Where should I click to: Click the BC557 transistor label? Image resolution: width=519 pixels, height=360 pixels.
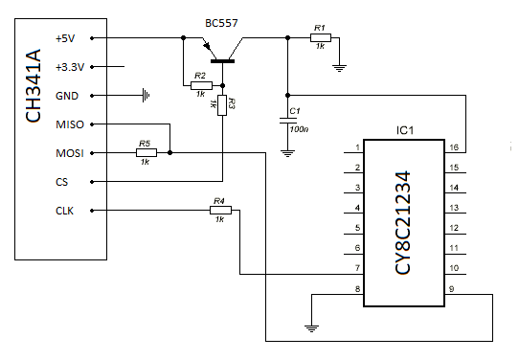224,21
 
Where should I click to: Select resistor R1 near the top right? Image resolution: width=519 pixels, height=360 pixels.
320,38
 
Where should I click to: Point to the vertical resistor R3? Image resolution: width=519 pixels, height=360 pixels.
222,104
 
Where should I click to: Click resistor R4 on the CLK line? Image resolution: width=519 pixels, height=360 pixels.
218,211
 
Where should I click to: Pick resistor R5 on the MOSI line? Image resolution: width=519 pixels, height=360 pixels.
145,152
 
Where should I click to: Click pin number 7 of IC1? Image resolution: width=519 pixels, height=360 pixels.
357,268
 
